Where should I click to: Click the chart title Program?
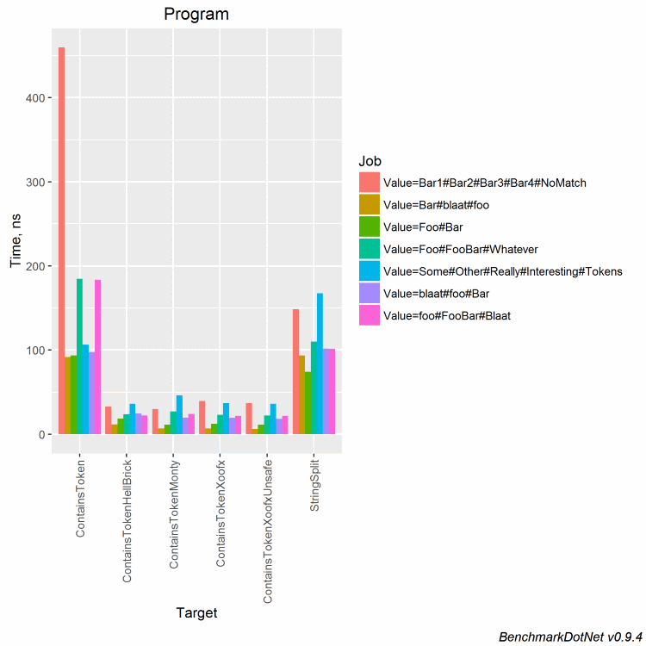[196, 15]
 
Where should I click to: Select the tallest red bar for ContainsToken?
[61, 241]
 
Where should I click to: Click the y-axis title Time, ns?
[16, 241]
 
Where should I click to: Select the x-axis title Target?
[196, 613]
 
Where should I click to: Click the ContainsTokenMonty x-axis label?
[173, 513]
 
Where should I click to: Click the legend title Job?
[371, 161]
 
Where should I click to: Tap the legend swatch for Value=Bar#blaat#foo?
[370, 204]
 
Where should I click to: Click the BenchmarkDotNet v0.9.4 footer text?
[570, 636]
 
